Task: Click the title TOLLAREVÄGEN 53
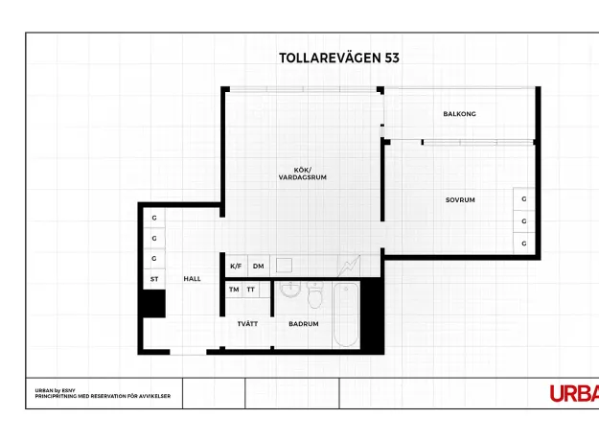pos(339,58)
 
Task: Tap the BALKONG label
pos(460,114)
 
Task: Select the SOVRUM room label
pos(460,199)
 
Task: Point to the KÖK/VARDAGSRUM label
pos(303,174)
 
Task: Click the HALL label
pos(192,279)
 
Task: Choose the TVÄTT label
pos(247,324)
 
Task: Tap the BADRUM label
pos(304,324)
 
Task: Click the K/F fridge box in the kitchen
pos(237,266)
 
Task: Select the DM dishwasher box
pos(259,266)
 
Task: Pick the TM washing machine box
pos(234,290)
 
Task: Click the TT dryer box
pos(250,290)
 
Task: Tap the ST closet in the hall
pos(154,279)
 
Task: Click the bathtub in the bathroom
pos(346,314)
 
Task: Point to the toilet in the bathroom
pos(315,295)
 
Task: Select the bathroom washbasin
pos(290,289)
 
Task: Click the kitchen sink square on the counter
pos(284,266)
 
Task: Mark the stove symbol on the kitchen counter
pos(349,266)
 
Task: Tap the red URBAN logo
pos(574,394)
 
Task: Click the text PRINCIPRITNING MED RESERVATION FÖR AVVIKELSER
pos(103,396)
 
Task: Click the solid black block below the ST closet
pos(154,303)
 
